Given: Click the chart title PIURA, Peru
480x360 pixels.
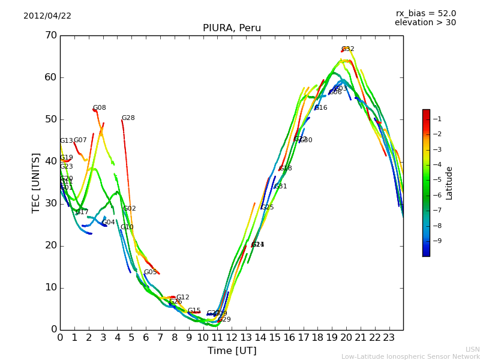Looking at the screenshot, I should (232, 28).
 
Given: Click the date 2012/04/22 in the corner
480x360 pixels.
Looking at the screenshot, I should (47, 16).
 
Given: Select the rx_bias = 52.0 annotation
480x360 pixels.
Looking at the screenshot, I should (425, 14).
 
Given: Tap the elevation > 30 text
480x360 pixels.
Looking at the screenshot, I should (425, 23).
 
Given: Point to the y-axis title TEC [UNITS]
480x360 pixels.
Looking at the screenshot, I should (36, 182).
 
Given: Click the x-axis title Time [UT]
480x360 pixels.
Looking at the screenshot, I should (232, 351).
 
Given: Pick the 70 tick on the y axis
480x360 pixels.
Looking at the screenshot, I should (50, 35).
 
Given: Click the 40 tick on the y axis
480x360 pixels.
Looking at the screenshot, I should (50, 161).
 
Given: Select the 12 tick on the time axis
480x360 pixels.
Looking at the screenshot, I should (232, 338).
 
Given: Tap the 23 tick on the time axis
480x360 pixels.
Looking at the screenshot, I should (389, 338).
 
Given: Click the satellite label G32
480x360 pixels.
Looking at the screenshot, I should (348, 49).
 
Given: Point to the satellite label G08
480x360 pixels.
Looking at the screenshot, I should (99, 108).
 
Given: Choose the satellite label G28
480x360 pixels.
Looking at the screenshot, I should (128, 118).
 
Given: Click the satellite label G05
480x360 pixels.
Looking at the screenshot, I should (150, 272).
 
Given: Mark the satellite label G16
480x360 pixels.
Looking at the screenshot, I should (321, 108).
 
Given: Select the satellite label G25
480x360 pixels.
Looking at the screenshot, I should (267, 208).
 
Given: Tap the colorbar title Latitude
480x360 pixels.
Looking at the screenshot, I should (449, 183).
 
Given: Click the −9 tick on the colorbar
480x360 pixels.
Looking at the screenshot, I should (437, 241).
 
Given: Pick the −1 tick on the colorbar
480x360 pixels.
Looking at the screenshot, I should (437, 119).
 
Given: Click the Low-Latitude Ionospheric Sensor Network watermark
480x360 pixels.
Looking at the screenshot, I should (410, 357).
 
